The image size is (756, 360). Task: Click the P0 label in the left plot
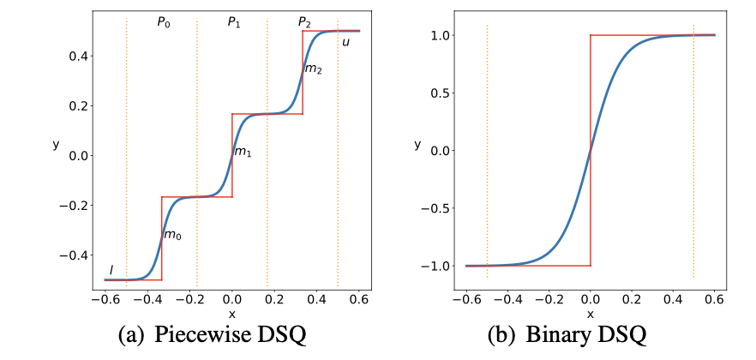[x=163, y=23]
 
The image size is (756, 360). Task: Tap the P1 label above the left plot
[x=233, y=23]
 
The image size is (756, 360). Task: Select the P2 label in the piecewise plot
[x=304, y=23]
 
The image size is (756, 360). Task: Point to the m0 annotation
[x=172, y=235]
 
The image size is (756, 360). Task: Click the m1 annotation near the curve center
[x=243, y=153]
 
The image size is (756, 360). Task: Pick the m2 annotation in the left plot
[x=314, y=69]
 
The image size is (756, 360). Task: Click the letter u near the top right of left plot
[x=345, y=42]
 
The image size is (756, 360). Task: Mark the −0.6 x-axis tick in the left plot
[x=103, y=299]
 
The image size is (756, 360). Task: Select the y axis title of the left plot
[x=56, y=145]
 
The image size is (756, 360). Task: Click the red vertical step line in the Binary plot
[x=591, y=150]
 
